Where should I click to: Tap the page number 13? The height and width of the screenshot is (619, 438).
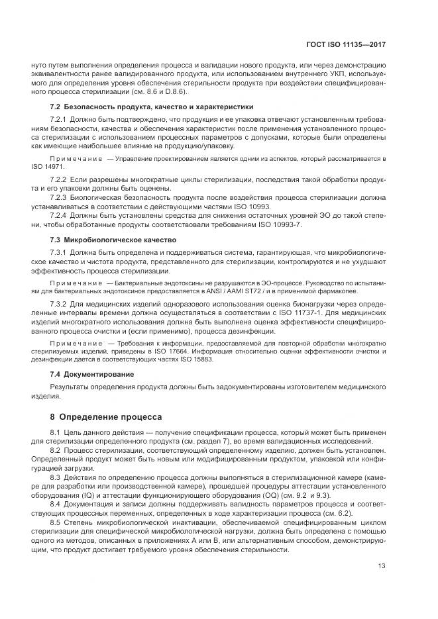click(382, 565)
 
